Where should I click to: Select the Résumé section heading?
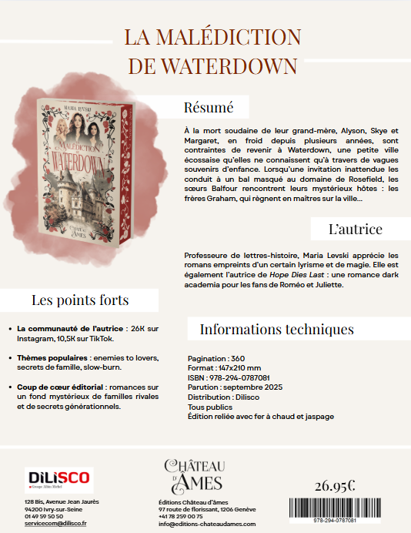tap(208, 107)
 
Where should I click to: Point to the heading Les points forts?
tap(79, 300)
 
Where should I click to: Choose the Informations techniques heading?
tap(276, 329)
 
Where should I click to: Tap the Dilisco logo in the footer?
tap(58, 478)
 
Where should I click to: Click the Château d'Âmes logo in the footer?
tap(193, 474)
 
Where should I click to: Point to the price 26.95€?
tap(335, 485)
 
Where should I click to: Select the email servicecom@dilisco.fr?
tap(55, 523)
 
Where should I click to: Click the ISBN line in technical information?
tap(229, 378)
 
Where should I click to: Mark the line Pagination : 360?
tap(216, 359)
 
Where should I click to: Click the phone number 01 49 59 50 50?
tap(44, 516)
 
